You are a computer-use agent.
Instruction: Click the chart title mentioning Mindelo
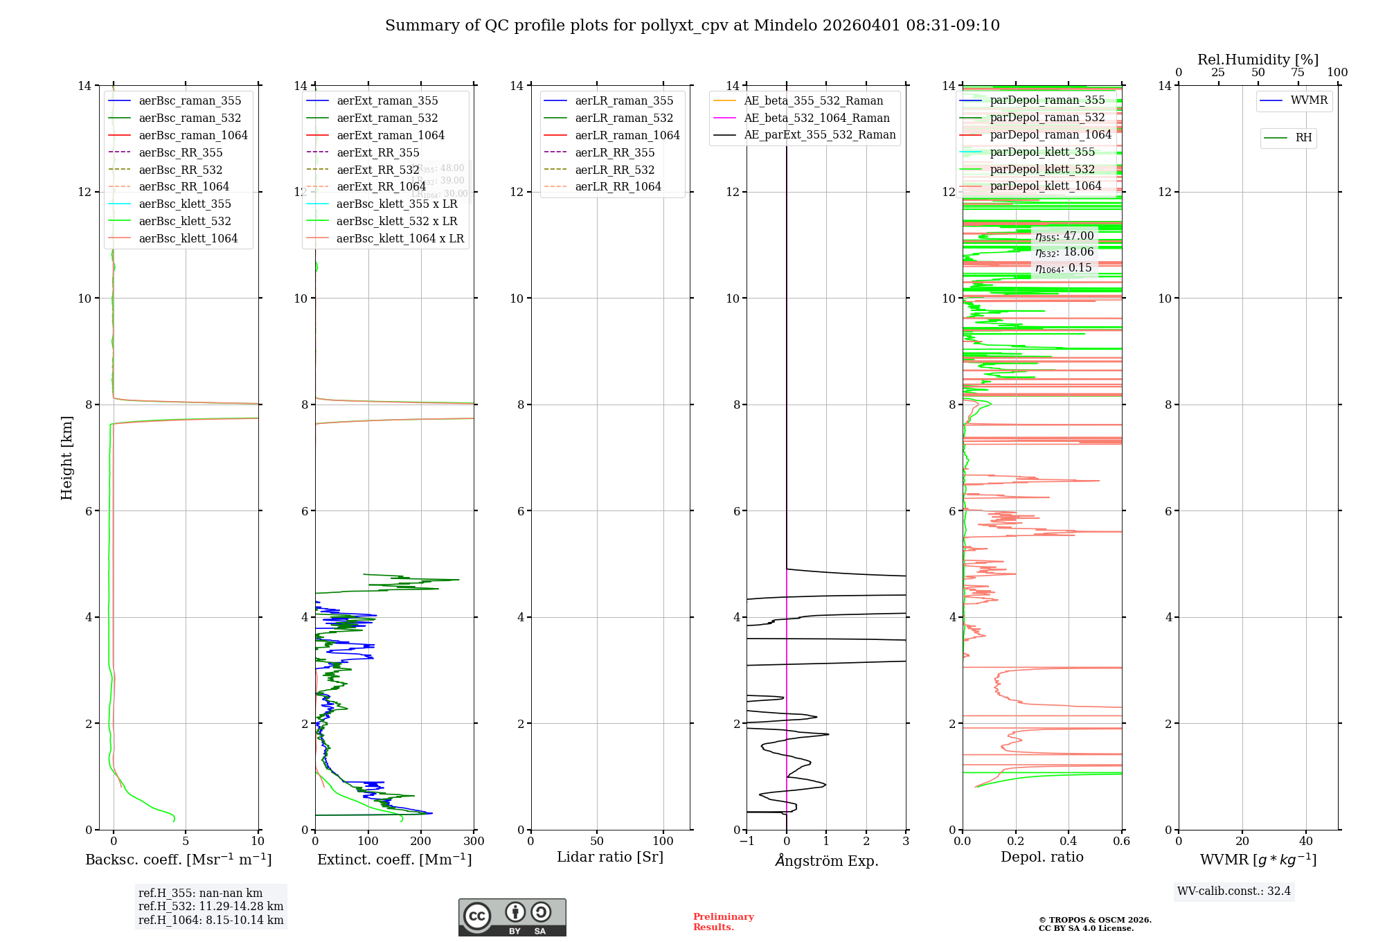[x=692, y=26]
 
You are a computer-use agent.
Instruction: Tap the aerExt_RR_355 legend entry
[x=377, y=152]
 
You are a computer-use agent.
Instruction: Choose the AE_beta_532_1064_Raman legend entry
[x=816, y=118]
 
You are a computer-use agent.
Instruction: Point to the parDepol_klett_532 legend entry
[x=1042, y=169]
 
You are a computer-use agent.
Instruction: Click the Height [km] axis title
[x=66, y=457]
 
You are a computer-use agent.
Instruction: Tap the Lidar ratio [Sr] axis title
[x=609, y=857]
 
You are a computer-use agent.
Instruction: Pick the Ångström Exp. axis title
[x=826, y=860]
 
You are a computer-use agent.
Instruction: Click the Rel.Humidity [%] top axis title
[x=1258, y=60]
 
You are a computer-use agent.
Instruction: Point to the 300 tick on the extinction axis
[x=474, y=842]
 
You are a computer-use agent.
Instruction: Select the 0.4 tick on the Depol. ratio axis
[x=1069, y=842]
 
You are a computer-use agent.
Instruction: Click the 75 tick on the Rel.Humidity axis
[x=1298, y=73]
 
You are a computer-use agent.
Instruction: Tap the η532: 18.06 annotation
[x=1064, y=252]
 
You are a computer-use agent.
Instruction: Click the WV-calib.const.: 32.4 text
[x=1233, y=891]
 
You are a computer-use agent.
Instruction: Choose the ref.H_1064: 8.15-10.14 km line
[x=211, y=920]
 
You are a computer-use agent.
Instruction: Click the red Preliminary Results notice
[x=723, y=922]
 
